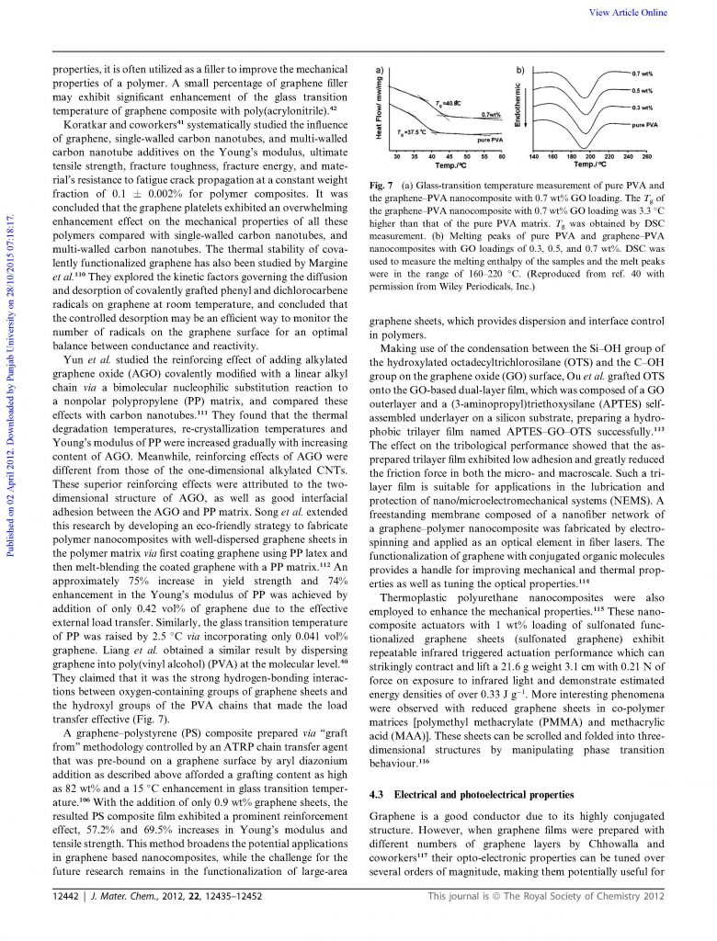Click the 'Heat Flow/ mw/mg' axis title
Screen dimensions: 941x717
379,107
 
